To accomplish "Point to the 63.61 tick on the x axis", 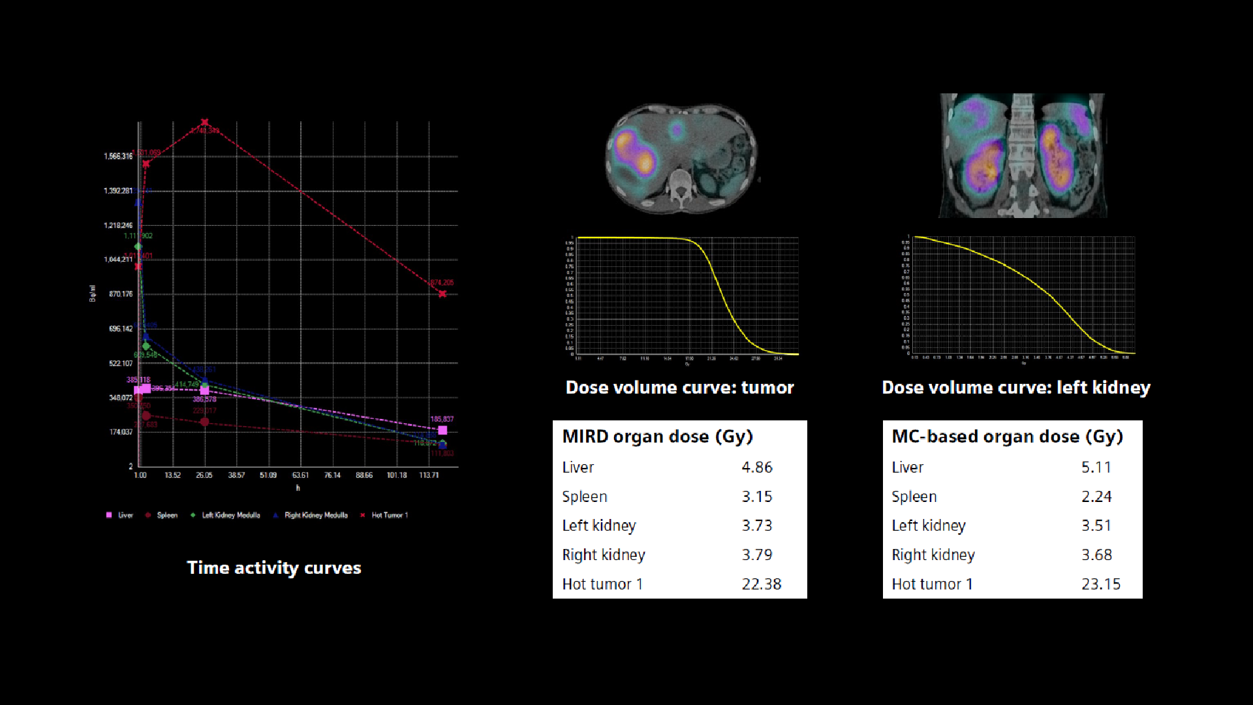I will point(300,475).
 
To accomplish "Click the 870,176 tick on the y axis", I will point(121,294).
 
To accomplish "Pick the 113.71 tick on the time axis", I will point(429,475).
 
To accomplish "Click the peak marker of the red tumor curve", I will point(205,122).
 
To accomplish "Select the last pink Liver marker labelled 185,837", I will point(442,430).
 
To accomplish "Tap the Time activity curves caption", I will point(274,568).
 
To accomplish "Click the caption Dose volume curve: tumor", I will point(679,388).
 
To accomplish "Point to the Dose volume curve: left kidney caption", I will point(1015,388).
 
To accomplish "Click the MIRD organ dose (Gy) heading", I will point(657,437).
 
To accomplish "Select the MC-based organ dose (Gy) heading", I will point(1007,437).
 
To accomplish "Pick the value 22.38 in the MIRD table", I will point(761,584).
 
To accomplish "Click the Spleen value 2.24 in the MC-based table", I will point(1096,497).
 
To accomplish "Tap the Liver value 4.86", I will point(756,467).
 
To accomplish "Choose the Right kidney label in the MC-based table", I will point(933,555).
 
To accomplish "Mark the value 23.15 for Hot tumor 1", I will point(1100,584).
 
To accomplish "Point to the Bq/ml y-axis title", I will point(93,293).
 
